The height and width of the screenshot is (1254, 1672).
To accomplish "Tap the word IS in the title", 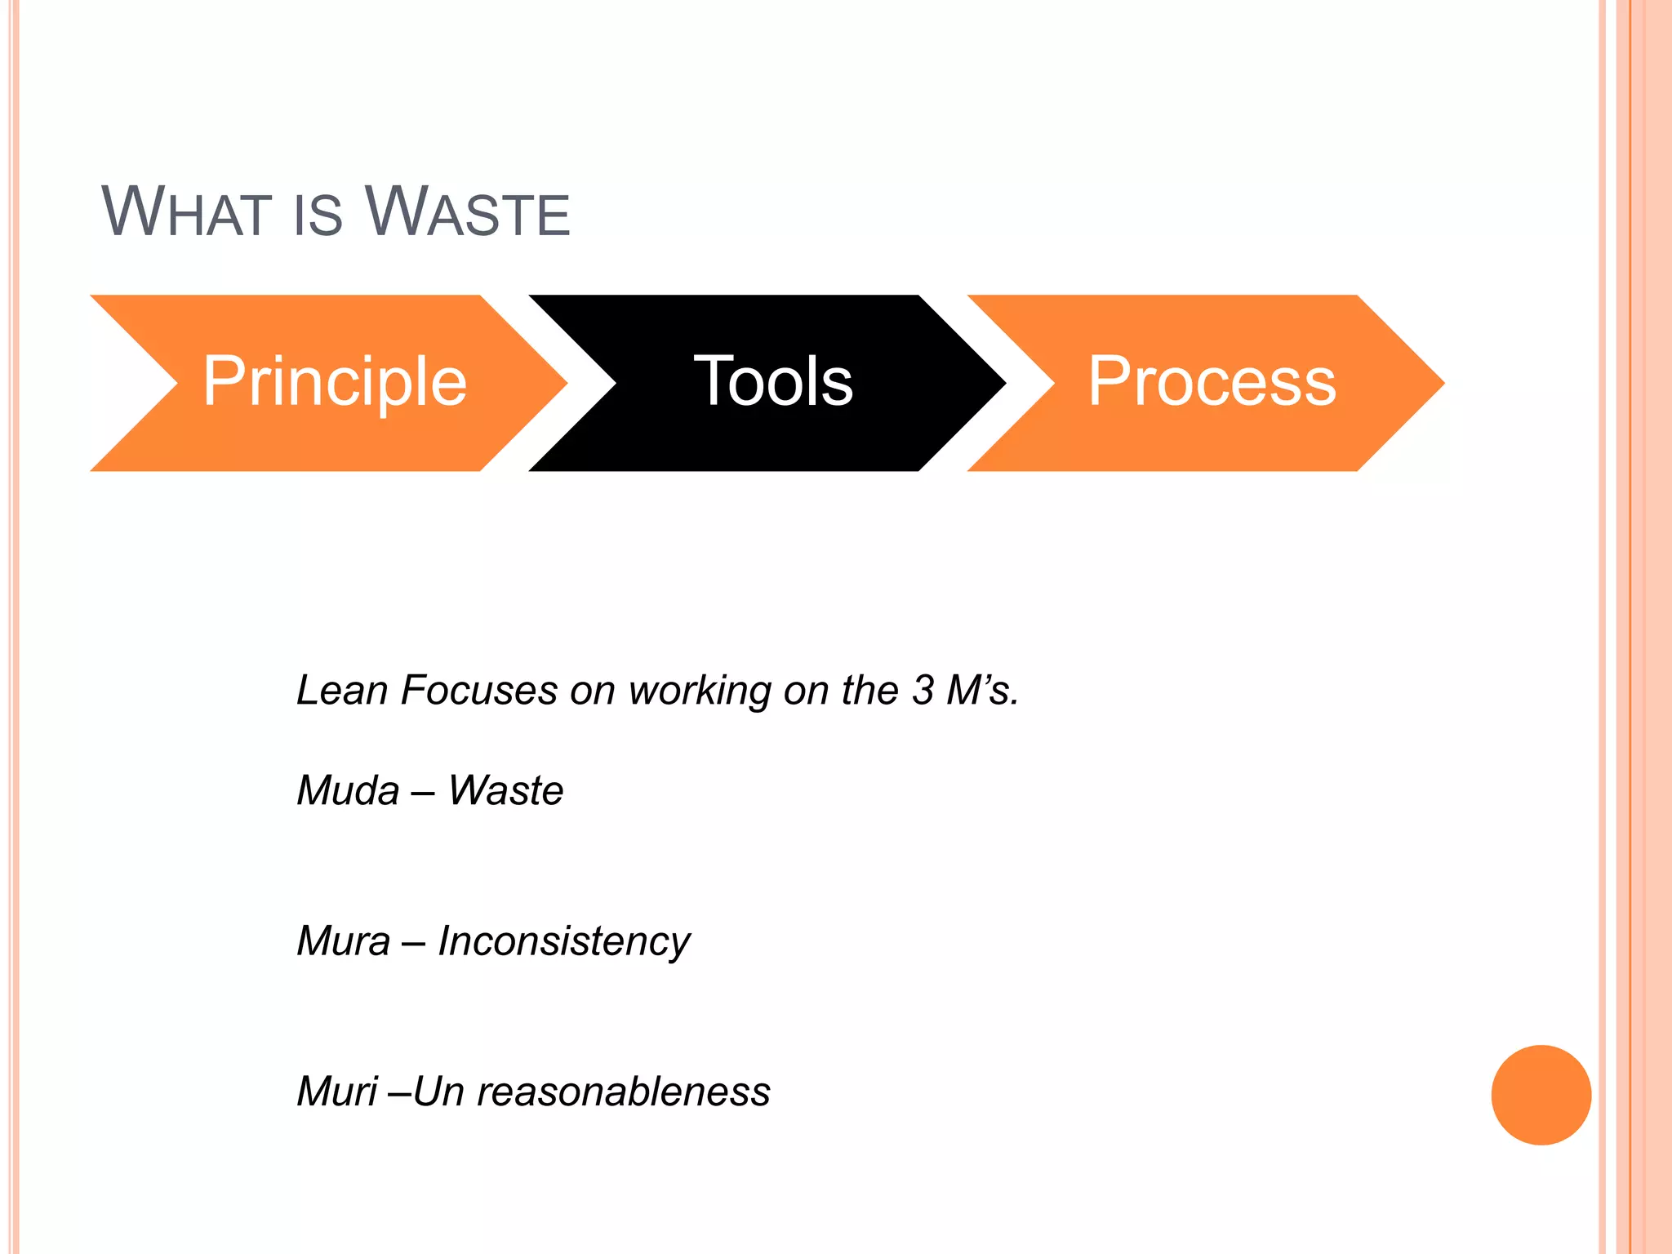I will click(317, 214).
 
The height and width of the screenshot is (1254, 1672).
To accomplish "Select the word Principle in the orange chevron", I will click(334, 382).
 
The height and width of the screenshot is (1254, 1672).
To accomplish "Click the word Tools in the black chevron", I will click(772, 382).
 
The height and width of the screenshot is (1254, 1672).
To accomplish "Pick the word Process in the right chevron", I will click(1212, 382).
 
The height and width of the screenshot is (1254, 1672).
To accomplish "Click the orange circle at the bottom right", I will click(1541, 1095).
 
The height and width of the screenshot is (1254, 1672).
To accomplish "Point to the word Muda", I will click(348, 790).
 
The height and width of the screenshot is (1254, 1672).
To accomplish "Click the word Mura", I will click(343, 940).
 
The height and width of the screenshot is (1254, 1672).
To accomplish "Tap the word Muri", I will click(336, 1092).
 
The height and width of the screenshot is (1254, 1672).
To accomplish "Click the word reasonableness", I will click(623, 1092).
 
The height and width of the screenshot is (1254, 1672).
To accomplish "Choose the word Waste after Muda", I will click(505, 790).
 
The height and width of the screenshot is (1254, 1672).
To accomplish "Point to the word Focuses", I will click(478, 690).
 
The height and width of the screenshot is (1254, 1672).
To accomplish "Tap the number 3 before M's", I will click(923, 690).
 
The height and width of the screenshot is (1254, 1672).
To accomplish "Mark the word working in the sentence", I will click(699, 691).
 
